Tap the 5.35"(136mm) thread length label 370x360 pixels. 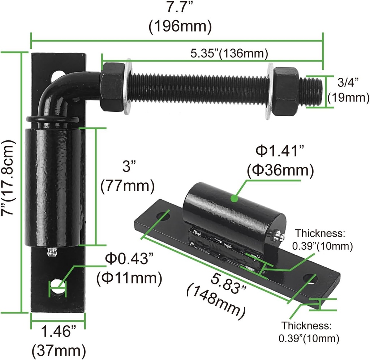229,53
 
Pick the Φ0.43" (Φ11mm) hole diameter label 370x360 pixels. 129,268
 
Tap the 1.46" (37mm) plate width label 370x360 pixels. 59,340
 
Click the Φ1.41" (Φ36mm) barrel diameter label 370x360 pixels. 280,160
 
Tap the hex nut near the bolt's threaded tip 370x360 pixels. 286,91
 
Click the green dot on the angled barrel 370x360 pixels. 234,198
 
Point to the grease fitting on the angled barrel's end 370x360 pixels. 278,236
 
